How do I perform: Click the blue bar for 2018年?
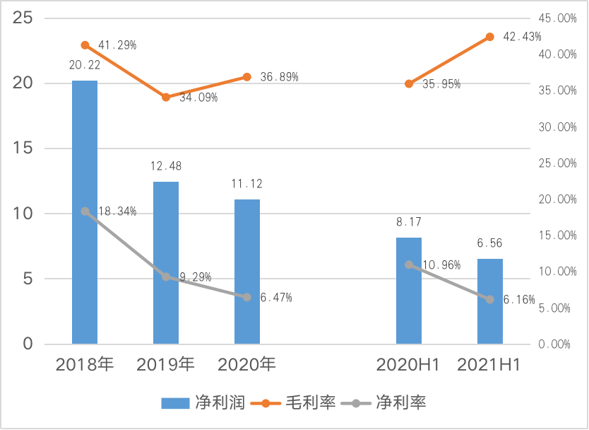click(85, 212)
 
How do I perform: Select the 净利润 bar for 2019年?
click(166, 262)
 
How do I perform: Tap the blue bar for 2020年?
click(247, 272)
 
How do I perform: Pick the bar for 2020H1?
click(409, 291)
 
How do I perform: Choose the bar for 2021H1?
click(490, 301)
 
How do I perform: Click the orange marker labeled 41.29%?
click(85, 45)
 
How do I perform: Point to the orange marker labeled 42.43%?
click(490, 37)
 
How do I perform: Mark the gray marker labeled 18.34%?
click(85, 211)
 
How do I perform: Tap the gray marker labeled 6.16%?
click(490, 300)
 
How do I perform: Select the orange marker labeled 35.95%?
click(409, 83)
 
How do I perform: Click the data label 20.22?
click(85, 65)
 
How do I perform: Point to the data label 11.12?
click(247, 184)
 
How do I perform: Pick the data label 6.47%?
click(276, 298)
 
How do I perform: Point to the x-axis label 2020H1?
click(408, 365)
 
